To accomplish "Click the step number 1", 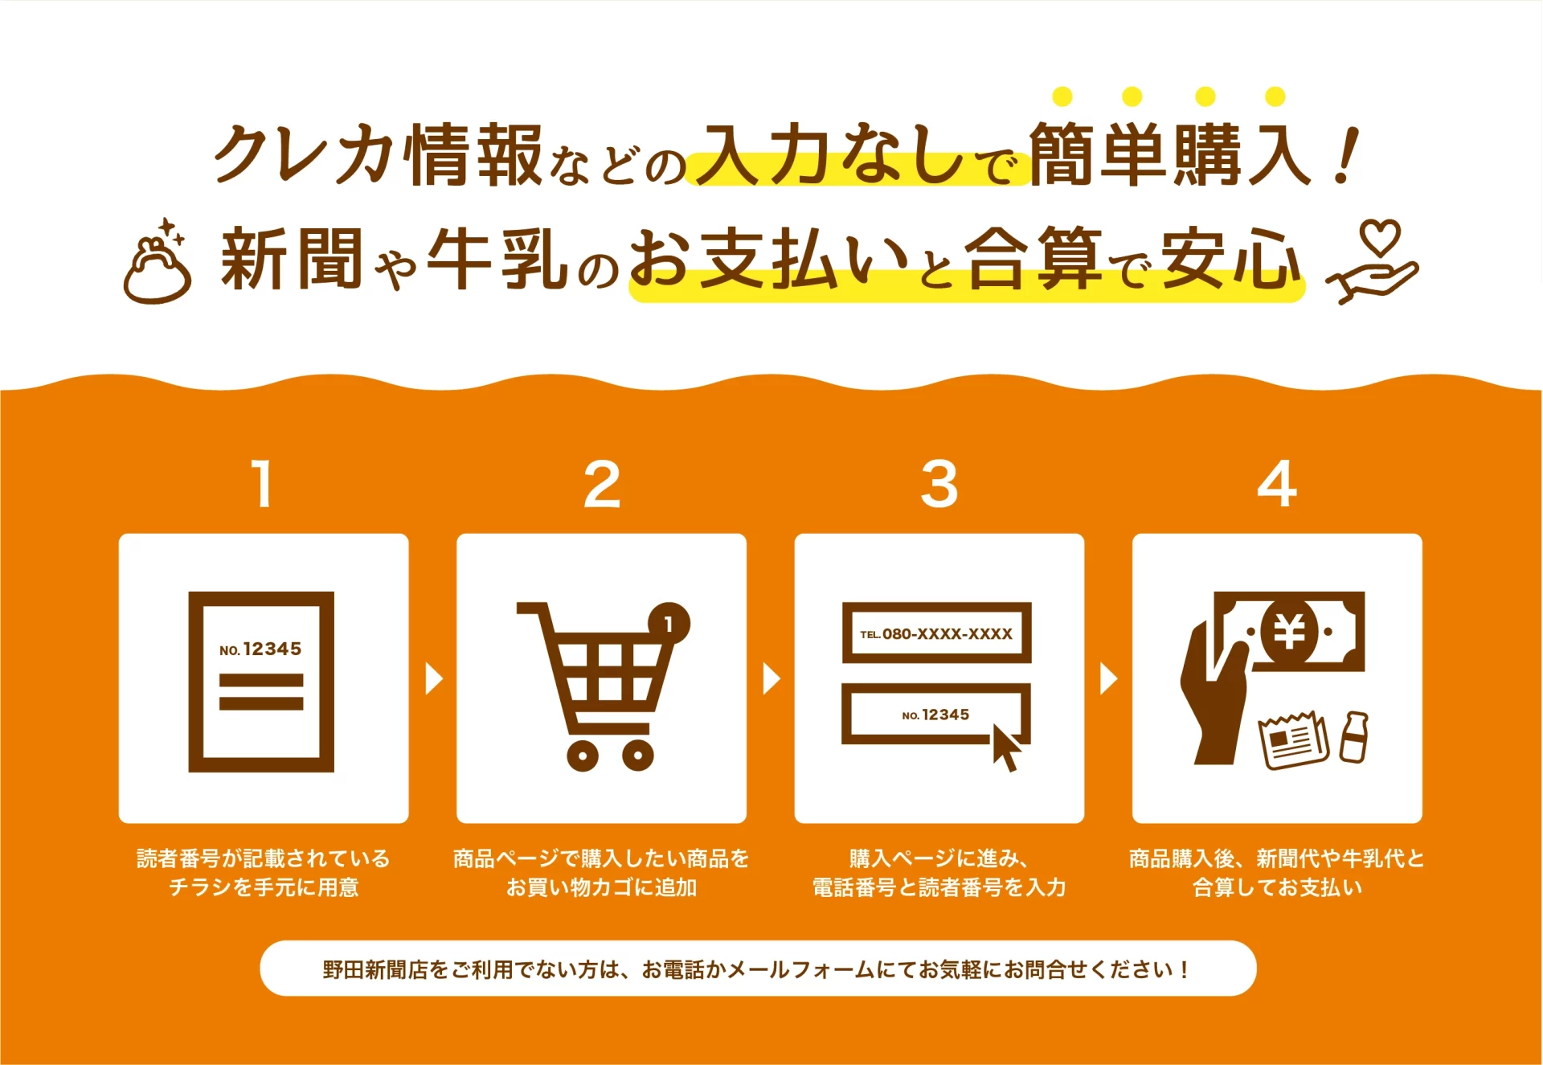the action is (263, 484).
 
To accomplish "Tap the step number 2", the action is (602, 484).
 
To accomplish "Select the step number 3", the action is (939, 484).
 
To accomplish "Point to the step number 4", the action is (1277, 484).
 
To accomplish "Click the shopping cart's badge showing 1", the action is (669, 623).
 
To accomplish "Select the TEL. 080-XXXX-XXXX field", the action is (936, 633).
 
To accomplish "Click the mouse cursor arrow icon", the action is (1007, 747).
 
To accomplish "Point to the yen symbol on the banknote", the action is (1290, 632).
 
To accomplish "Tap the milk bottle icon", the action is (1355, 737).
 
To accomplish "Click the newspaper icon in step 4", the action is (1294, 740).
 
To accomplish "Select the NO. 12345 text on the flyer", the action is (260, 649).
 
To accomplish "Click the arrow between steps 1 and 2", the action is (434, 678).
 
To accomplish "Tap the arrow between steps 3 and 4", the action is (1109, 678).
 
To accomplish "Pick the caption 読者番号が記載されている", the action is (263, 858).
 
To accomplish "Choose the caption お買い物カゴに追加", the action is (601, 887).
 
